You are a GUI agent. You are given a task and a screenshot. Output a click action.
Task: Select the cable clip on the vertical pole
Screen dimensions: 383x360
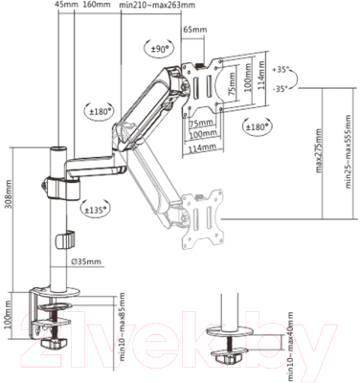click(65, 238)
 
